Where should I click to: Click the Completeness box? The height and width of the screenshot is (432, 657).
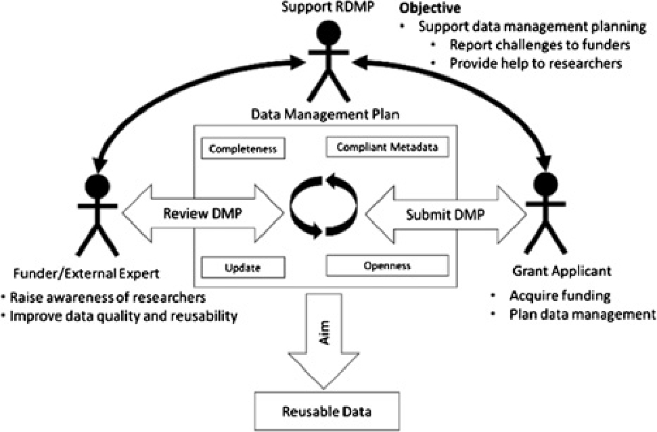click(242, 147)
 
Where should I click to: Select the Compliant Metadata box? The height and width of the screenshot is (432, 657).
click(386, 145)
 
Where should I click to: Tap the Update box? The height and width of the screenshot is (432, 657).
click(242, 267)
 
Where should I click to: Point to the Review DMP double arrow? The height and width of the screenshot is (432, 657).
click(203, 214)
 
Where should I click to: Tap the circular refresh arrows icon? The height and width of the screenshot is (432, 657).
click(320, 205)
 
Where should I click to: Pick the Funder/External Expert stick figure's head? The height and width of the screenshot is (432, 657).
click(99, 183)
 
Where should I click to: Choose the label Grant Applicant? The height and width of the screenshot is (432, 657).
click(553, 271)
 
